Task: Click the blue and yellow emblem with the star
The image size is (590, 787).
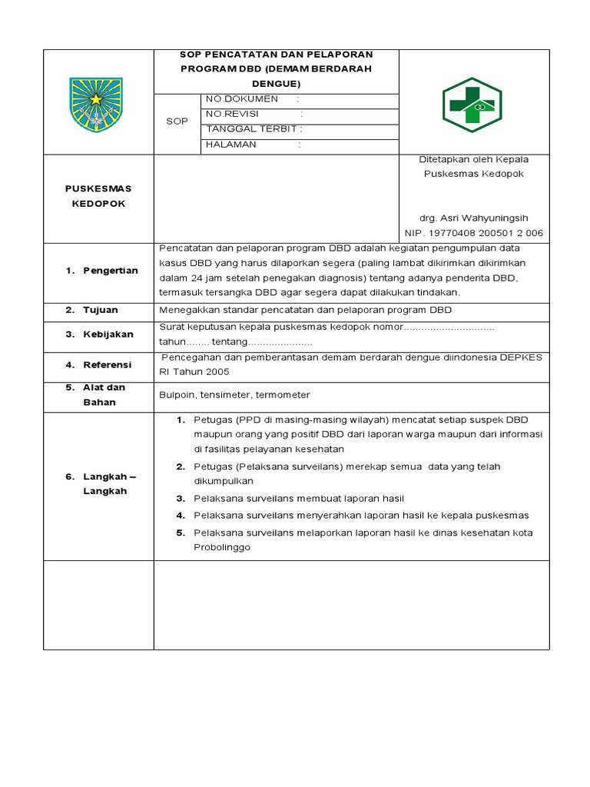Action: point(96,101)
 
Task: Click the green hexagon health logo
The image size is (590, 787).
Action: point(471,105)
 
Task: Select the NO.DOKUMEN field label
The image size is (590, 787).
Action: point(241,100)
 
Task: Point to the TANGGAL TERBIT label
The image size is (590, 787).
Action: point(249,129)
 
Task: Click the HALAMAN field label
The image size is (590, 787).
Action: point(231,144)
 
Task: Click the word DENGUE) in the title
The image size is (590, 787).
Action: point(276,83)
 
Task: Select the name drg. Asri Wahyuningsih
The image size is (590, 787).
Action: point(473,218)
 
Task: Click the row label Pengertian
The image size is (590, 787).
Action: point(111,271)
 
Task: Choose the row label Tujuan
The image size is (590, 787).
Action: point(101,310)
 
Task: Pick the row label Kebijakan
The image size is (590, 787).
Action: point(108,334)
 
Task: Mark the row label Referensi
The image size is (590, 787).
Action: point(108,364)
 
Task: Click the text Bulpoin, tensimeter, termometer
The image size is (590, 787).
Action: point(234,395)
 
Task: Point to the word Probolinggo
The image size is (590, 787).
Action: point(222,548)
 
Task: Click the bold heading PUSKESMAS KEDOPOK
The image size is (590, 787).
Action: point(99,196)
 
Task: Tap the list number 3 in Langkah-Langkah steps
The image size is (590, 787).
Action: point(181,498)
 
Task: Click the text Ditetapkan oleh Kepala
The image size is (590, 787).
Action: point(473,159)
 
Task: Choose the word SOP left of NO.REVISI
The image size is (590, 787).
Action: point(177,121)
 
